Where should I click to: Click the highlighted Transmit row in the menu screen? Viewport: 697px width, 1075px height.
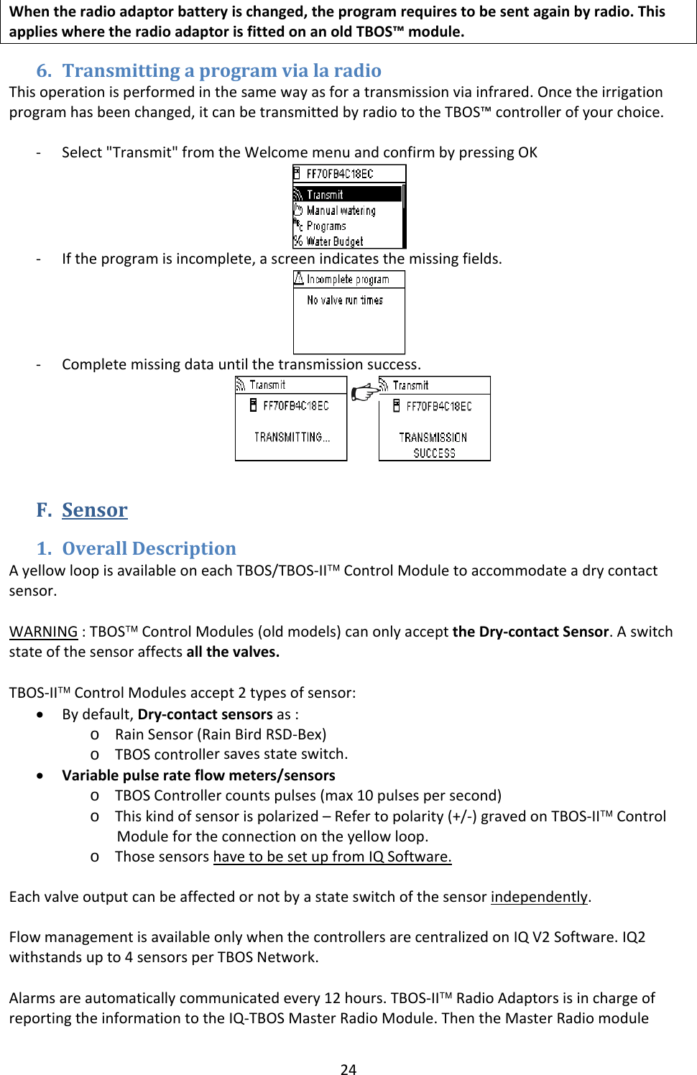click(x=347, y=195)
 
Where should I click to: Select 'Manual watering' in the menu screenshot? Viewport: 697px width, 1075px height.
click(x=341, y=211)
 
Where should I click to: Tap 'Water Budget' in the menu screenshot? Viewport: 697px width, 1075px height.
click(x=334, y=241)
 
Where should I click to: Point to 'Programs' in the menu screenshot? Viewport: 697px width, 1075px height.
click(x=326, y=226)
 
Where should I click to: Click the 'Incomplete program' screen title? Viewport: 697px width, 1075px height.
click(x=348, y=280)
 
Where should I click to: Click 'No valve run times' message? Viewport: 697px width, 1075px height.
click(x=345, y=300)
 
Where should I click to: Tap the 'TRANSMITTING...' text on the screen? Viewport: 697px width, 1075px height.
click(x=292, y=437)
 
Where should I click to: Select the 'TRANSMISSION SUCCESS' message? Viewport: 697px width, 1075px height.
click(x=434, y=445)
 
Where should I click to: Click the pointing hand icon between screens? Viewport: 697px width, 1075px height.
click(x=364, y=392)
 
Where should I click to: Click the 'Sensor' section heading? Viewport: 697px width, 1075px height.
click(x=94, y=510)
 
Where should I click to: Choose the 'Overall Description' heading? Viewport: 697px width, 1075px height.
click(x=149, y=548)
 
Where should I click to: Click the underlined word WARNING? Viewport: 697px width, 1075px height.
click(x=43, y=632)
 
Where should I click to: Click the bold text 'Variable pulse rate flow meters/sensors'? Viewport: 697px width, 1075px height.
click(x=198, y=775)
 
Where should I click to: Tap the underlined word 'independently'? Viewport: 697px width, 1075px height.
click(x=539, y=897)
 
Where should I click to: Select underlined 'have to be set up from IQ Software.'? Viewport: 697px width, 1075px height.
click(x=332, y=857)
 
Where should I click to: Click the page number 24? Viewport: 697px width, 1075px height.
click(x=348, y=1069)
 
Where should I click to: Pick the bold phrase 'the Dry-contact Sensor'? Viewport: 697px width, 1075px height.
click(x=530, y=632)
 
